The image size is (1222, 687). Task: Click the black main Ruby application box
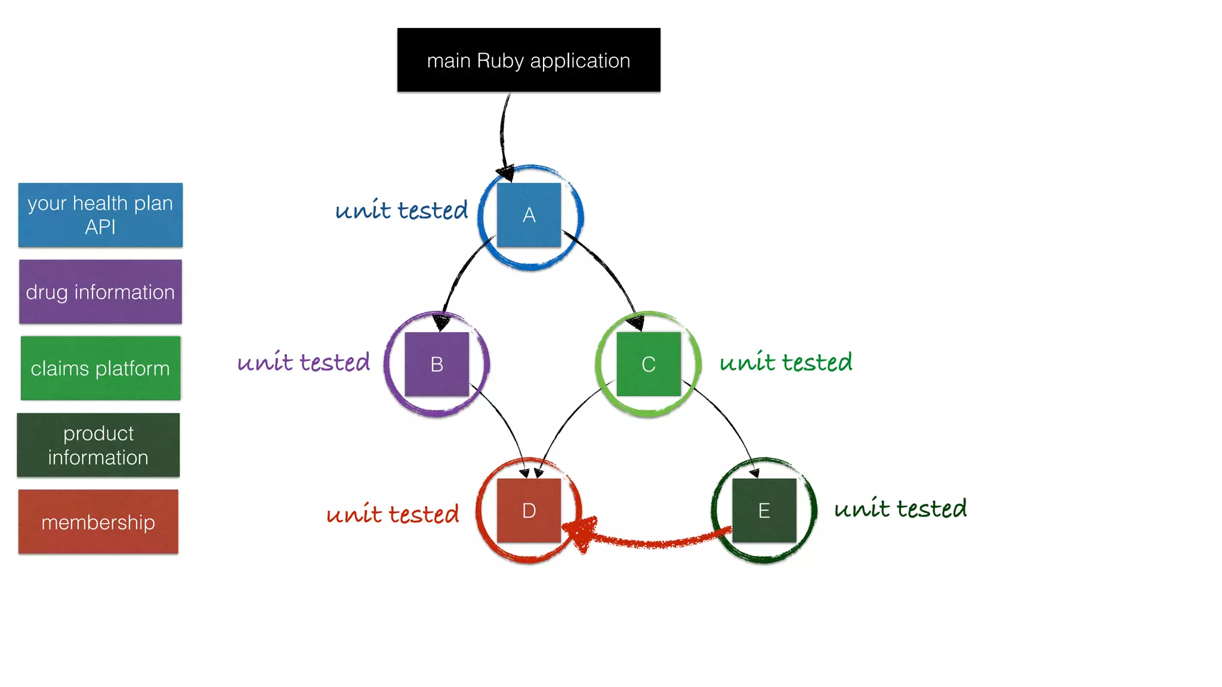529,60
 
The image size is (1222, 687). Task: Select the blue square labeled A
529,215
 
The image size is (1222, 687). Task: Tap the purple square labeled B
437,364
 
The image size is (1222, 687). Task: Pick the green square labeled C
649,364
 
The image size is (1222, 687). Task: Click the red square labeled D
529,510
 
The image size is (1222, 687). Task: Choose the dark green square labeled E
764,510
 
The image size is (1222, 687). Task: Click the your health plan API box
100,215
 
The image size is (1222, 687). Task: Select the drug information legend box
100,292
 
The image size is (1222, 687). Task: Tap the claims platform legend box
100,368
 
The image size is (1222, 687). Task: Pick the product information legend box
98,445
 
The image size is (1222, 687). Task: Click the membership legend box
98,522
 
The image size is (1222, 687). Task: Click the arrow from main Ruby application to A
502,131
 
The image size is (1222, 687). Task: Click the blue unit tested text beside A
401,210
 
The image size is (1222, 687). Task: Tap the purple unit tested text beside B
303,362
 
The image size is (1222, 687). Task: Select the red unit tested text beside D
393,513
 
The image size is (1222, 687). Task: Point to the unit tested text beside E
900,508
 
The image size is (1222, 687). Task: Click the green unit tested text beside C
786,362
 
